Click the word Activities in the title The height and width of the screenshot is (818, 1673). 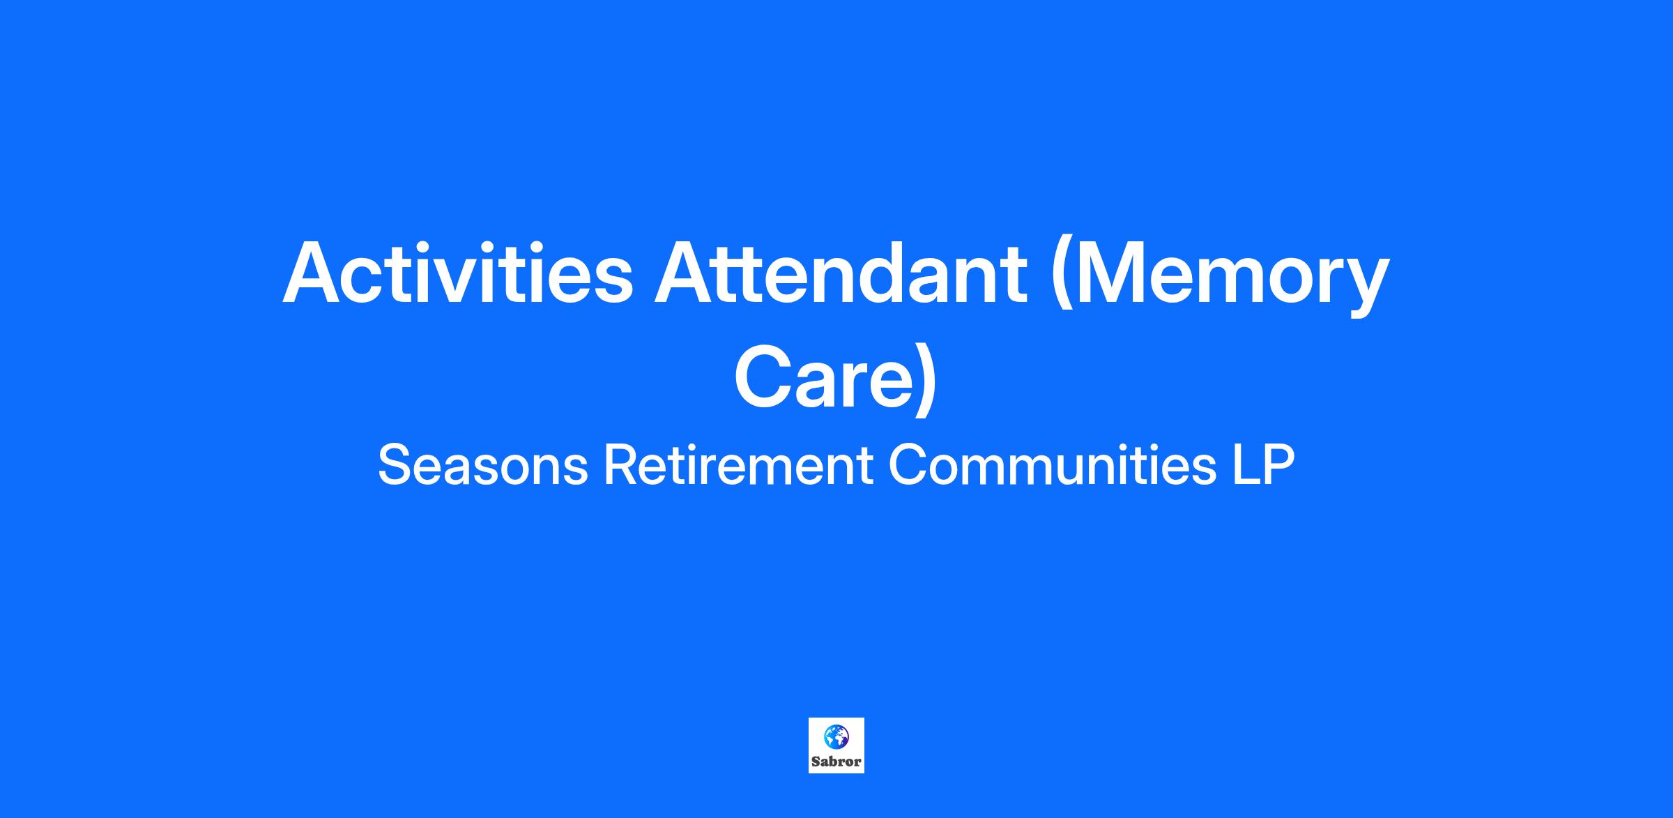[457, 273]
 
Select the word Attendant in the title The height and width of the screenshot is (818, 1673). [840, 273]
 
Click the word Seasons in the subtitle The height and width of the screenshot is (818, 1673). [483, 465]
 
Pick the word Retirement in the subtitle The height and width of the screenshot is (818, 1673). [738, 465]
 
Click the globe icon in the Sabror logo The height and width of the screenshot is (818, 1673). [836, 736]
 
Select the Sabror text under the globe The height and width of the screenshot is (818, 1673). [837, 762]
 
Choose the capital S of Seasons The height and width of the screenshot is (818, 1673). [395, 465]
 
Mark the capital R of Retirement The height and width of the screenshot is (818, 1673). [621, 465]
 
